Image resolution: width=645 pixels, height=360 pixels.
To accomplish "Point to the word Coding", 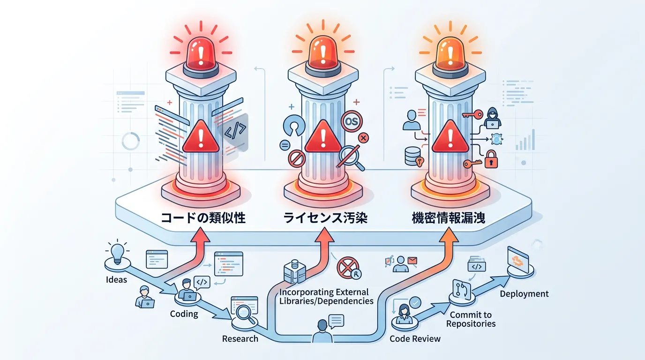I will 184,314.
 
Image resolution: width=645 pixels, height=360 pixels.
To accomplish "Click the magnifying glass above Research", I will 245,312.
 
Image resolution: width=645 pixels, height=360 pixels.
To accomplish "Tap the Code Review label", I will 415,338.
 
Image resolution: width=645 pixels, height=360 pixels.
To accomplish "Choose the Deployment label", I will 524,294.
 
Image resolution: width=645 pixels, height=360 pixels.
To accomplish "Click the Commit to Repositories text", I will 471,319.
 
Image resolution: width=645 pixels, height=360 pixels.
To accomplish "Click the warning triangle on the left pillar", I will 201,136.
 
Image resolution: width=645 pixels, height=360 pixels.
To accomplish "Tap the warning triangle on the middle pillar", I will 323,136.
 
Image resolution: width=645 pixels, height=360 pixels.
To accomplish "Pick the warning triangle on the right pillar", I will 450,136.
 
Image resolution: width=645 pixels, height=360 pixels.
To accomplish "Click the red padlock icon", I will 490,159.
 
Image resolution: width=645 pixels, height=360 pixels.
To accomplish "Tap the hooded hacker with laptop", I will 492,118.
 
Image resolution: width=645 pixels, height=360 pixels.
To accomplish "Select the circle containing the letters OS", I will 351,121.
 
